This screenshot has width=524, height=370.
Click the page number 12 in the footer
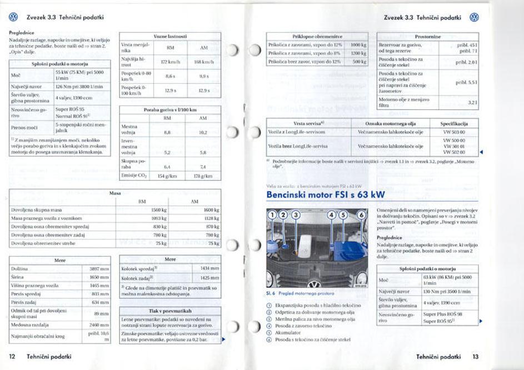coord(12,356)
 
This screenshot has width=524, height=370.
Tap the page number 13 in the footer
coord(475,356)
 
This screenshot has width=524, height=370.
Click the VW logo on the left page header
coord(13,17)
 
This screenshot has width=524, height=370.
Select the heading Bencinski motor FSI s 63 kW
coord(326,195)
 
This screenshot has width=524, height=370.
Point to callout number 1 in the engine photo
coord(272,214)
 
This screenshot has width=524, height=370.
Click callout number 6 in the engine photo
coord(361,214)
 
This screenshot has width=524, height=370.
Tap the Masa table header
coord(116,193)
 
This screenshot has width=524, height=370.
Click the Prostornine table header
coord(427,36)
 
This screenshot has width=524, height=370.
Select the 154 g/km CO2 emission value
coord(167,176)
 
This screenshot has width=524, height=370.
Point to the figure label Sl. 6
coord(272,293)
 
